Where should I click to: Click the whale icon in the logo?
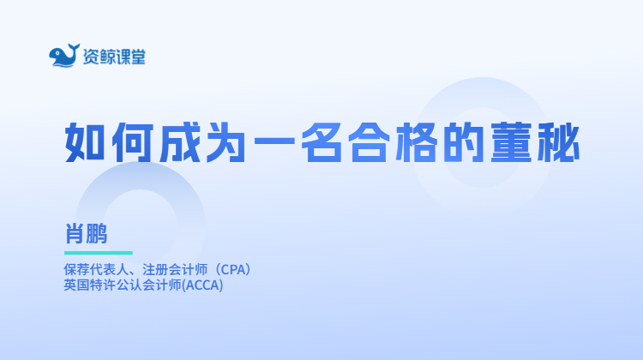click(64, 56)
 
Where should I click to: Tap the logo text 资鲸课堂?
click(114, 57)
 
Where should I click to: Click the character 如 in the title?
click(85, 142)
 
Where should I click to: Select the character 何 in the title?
click(132, 142)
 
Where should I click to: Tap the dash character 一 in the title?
click(274, 141)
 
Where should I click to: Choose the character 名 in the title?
click(321, 142)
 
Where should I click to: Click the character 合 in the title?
click(369, 142)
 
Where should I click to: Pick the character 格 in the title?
click(416, 142)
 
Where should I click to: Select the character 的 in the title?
click(463, 142)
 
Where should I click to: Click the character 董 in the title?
click(511, 142)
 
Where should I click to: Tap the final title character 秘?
click(558, 142)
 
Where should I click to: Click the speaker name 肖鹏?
click(86, 233)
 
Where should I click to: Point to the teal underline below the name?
click(99, 253)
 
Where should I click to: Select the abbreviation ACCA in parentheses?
click(202, 285)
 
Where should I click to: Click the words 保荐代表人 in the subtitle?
click(96, 270)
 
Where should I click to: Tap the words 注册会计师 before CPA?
click(175, 270)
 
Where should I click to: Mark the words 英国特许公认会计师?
click(123, 285)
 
